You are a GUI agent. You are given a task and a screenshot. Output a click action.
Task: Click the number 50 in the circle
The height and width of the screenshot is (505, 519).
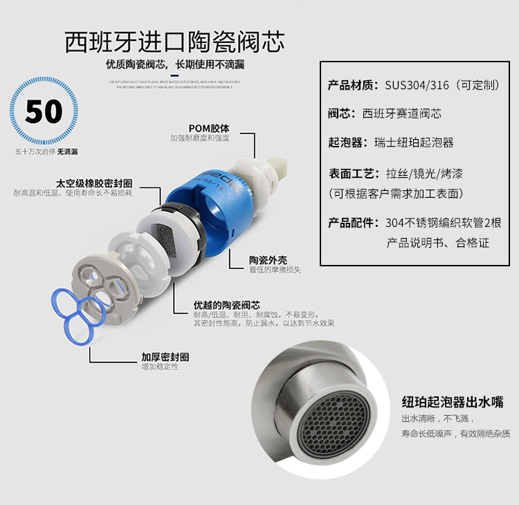click(x=44, y=111)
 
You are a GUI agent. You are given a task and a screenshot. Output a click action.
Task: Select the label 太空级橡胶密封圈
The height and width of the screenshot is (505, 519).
click(x=94, y=184)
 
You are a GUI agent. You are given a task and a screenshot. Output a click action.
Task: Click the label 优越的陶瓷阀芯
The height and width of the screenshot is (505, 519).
click(x=227, y=305)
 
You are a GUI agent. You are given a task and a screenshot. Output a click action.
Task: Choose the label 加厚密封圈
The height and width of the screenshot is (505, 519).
click(x=165, y=357)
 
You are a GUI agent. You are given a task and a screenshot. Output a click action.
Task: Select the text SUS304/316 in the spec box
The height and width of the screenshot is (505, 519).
click(x=415, y=86)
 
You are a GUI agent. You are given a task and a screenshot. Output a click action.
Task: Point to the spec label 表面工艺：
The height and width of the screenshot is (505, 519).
click(x=352, y=172)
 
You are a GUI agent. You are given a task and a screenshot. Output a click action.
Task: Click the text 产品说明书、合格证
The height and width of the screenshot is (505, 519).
click(x=437, y=243)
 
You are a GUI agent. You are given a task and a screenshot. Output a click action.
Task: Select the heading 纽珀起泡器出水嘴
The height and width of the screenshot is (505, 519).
click(x=453, y=402)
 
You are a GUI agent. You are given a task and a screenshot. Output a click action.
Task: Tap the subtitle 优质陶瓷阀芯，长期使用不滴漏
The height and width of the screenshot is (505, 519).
click(x=174, y=66)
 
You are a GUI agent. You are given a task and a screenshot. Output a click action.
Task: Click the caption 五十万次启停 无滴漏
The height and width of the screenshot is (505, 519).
click(x=46, y=150)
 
